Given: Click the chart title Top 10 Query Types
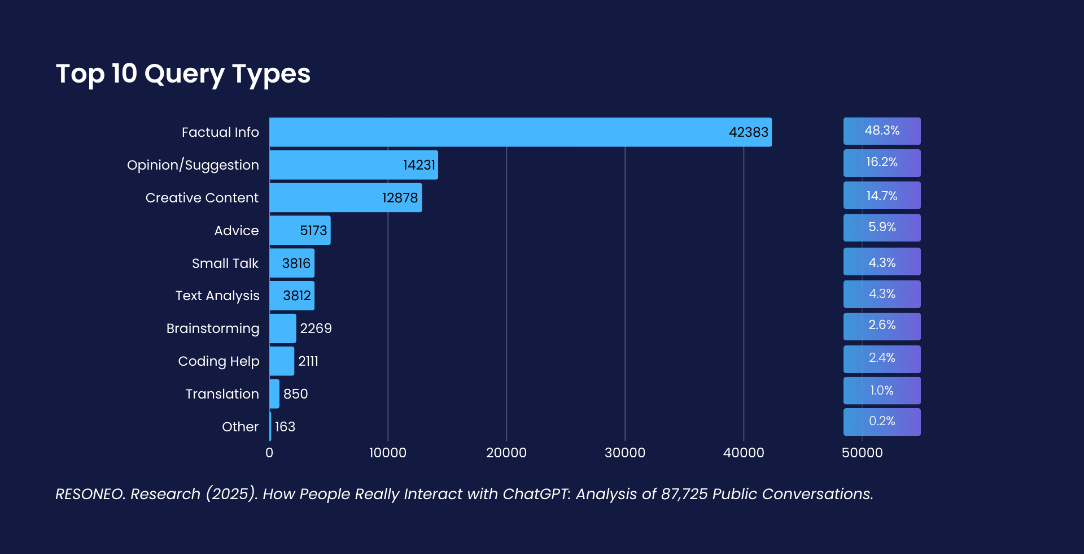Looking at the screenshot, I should (x=183, y=74).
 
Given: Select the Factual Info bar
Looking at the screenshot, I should (x=519, y=132).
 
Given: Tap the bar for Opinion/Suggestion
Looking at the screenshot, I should (x=353, y=165).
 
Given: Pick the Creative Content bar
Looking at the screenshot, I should (x=346, y=198).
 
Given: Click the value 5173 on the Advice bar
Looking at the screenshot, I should (x=313, y=231).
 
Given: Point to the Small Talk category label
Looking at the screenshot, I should (x=225, y=263).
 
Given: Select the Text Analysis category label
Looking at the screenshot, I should (x=217, y=296).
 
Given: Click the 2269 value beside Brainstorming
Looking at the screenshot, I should (x=316, y=328).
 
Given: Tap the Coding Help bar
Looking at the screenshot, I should (x=282, y=361).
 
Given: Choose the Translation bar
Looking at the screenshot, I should (x=274, y=394).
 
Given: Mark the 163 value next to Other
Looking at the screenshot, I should (x=285, y=427).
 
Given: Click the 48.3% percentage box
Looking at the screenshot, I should (x=882, y=131).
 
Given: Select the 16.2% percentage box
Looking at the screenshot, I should (x=882, y=163).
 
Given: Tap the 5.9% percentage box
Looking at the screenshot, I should (x=882, y=228).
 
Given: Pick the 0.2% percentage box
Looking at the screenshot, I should (x=882, y=422).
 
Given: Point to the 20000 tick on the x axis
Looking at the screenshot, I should (x=506, y=453).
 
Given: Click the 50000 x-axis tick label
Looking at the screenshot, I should (x=862, y=453).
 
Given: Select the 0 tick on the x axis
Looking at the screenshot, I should (x=269, y=453).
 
